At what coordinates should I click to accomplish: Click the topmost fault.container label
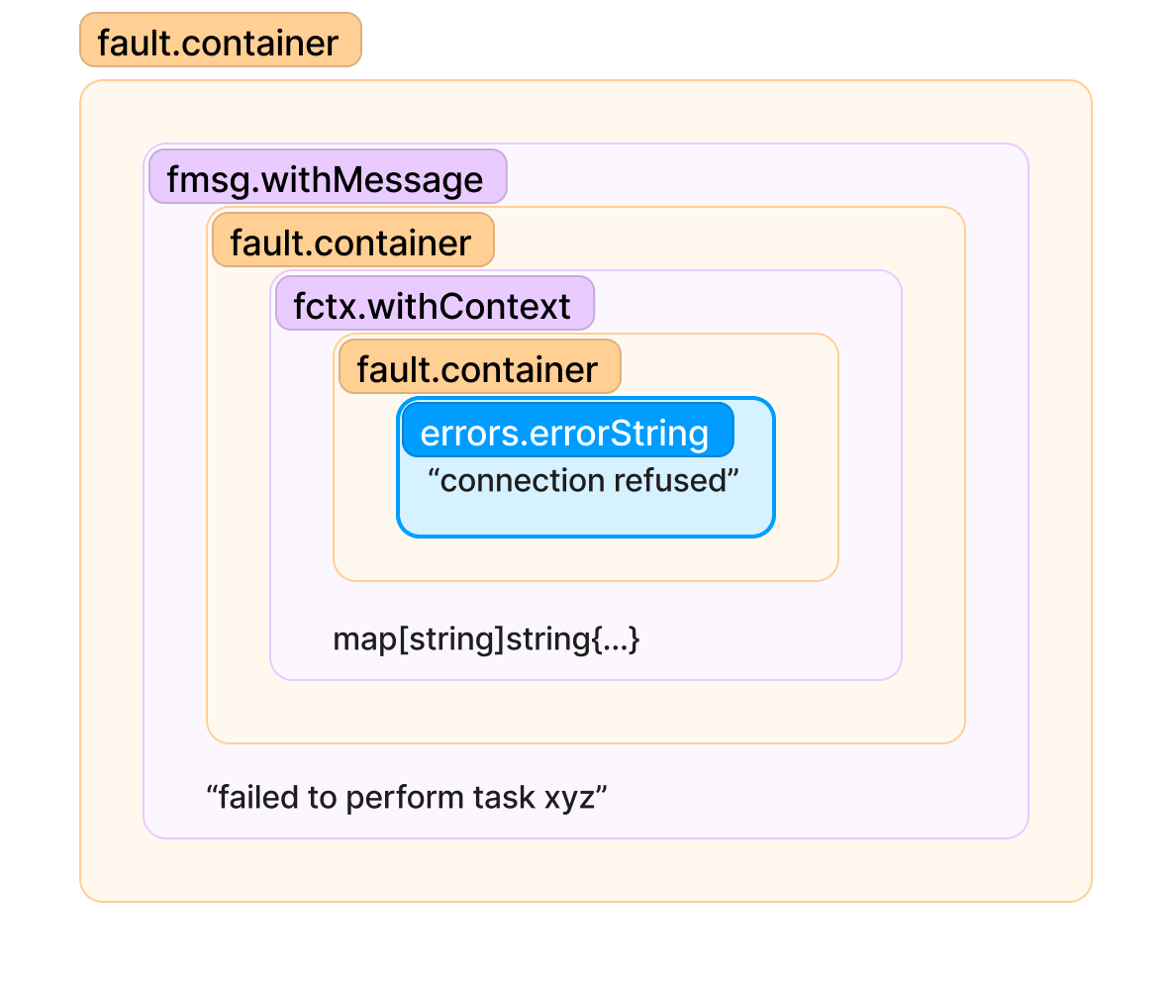[221, 41]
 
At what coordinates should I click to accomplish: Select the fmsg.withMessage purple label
[328, 177]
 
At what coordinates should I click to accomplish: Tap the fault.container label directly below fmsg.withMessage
[353, 241]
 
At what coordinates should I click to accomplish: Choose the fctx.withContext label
[435, 304]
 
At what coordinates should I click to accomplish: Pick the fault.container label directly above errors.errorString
[480, 367]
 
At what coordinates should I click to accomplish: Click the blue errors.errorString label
[568, 431]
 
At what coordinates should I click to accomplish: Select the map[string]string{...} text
[487, 639]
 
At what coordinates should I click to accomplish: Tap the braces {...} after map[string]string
[616, 639]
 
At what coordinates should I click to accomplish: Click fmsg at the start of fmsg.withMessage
[208, 180]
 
